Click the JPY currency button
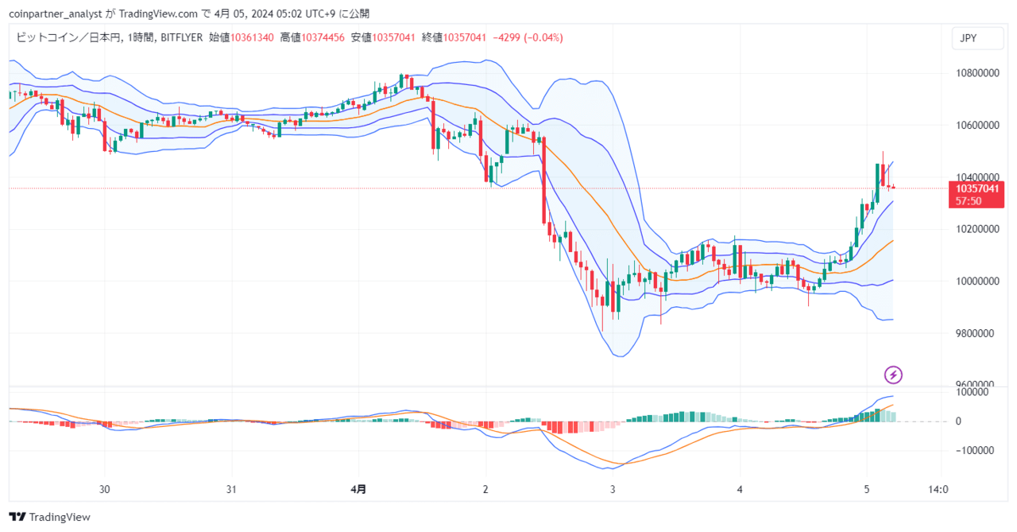(977, 38)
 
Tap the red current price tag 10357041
(976, 195)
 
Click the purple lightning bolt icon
(893, 375)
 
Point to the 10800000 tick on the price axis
(977, 73)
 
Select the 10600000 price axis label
(977, 126)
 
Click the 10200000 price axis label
(977, 229)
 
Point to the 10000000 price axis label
(977, 282)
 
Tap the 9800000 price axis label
(977, 333)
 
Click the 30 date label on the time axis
(104, 489)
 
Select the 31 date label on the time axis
(231, 489)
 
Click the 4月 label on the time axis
(358, 489)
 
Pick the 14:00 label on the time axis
(938, 489)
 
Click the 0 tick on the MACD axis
(958, 421)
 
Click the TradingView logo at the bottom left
(49, 517)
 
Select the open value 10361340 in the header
(252, 37)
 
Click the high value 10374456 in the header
(323, 37)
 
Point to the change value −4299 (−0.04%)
(528, 37)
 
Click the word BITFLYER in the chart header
(182, 37)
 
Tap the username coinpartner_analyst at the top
(56, 14)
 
